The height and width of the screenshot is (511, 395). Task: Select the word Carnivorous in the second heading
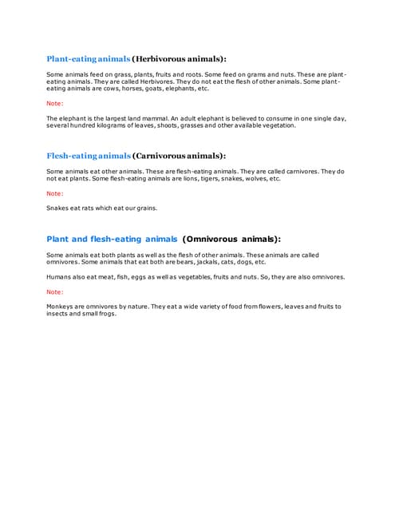(165, 156)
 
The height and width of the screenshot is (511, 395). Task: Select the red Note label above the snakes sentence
(54, 193)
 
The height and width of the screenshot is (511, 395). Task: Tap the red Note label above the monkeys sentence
(54, 291)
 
